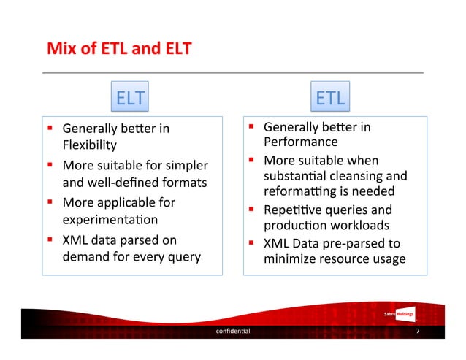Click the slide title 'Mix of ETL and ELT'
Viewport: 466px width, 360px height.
(x=119, y=50)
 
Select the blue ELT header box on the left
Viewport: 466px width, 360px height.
(x=130, y=98)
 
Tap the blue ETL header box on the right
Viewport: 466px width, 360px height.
(x=331, y=98)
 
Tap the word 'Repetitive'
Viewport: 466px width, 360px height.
(x=291, y=210)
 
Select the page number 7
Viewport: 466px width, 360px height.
(x=416, y=331)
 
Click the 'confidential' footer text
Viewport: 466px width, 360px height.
(x=232, y=331)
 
